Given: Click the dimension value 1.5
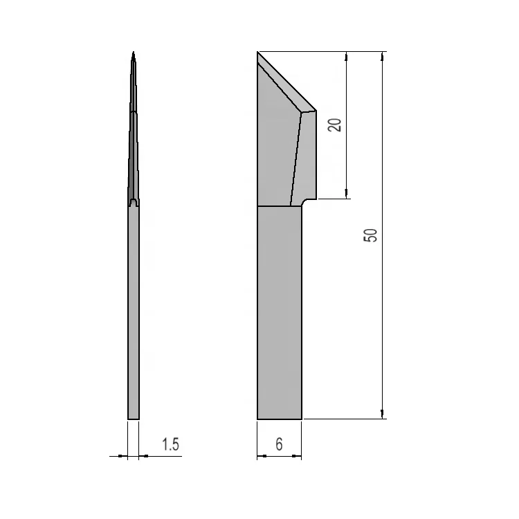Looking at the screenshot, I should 170,444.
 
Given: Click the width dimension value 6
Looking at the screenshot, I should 279,444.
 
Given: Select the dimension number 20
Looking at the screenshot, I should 335,125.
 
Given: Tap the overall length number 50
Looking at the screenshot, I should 371,235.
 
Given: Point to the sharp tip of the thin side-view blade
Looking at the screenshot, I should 134,53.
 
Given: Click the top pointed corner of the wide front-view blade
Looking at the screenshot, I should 257,52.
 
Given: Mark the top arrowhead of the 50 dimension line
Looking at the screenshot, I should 383,56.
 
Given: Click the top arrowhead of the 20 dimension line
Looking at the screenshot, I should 346,56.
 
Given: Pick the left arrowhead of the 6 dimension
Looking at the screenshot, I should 261,455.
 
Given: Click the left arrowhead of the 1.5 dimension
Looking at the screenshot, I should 125,455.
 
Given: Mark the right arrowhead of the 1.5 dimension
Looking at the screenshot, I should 143,455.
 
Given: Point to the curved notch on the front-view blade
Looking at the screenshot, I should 305,202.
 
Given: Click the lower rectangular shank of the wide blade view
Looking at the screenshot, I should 280,311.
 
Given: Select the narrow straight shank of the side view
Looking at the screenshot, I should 134,311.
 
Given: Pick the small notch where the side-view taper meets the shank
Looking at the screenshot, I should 134,203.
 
